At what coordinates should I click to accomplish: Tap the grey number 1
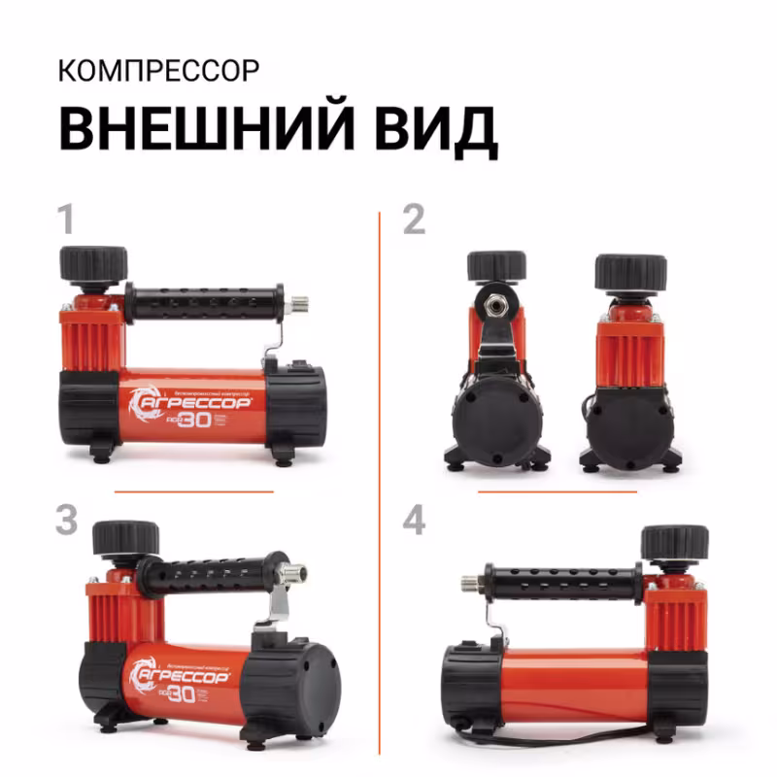pos(65,220)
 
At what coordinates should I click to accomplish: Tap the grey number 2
pos(414,220)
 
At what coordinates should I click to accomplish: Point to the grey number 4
pos(415,521)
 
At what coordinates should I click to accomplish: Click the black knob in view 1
pos(93,263)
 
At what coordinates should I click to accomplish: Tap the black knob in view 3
pos(125,537)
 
